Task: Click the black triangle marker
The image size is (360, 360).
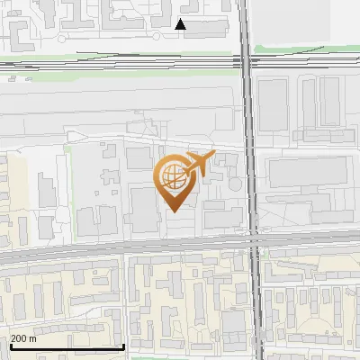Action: click(x=181, y=24)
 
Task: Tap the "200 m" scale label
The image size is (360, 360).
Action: click(x=23, y=338)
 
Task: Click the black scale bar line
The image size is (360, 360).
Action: click(x=67, y=346)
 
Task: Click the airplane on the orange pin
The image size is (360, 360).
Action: click(x=198, y=163)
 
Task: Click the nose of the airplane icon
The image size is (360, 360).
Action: click(x=212, y=156)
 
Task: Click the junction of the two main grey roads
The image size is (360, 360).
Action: click(x=254, y=242)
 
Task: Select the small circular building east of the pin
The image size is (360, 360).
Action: click(x=235, y=184)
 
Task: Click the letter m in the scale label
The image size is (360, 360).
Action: click(x=32, y=338)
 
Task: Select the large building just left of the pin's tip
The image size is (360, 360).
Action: click(x=144, y=208)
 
